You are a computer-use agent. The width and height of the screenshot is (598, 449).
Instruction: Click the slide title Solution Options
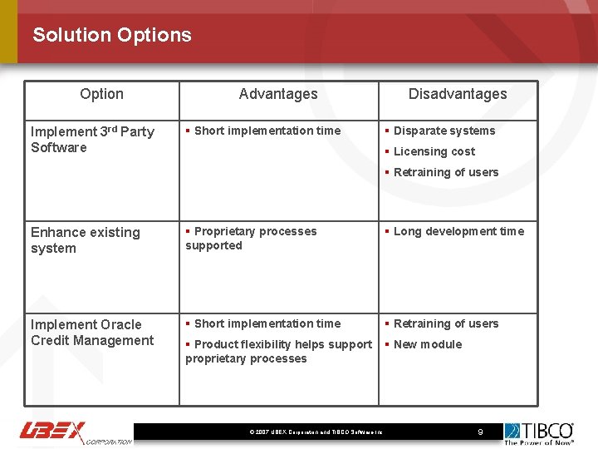(x=112, y=35)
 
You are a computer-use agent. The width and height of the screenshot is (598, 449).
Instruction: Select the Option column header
(x=101, y=94)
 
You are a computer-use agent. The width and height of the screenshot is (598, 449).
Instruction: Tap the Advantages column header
(x=278, y=94)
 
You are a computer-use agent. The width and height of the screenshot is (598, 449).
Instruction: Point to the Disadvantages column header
(x=458, y=94)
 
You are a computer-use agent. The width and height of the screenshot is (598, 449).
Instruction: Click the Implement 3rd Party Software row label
(x=92, y=139)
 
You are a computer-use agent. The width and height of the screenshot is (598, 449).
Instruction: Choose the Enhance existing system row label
(x=86, y=239)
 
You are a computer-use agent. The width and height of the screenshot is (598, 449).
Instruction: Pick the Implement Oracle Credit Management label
(x=92, y=332)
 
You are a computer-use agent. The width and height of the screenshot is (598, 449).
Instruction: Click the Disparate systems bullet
(x=444, y=131)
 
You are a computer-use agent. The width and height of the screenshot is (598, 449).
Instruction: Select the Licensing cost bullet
(x=434, y=151)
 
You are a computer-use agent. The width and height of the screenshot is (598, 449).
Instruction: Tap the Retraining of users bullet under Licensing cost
(x=446, y=172)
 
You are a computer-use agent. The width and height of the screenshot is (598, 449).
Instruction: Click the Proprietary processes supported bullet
(x=251, y=238)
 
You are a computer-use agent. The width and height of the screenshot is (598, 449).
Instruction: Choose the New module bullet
(x=427, y=344)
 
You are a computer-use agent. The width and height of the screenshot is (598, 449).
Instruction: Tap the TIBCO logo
(x=539, y=432)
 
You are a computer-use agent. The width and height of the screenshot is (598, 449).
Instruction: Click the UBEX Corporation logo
(x=75, y=432)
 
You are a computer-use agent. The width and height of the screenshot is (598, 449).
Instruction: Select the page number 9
(x=480, y=432)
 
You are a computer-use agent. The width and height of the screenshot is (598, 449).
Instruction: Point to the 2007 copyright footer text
(x=316, y=432)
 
